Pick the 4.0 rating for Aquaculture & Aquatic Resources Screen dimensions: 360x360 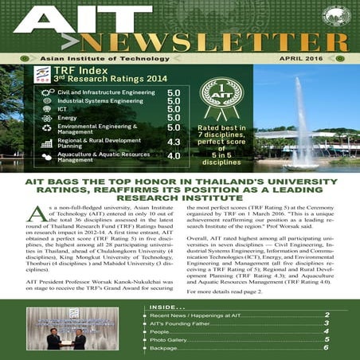point(173,157)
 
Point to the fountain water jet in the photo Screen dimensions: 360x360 point(306,119)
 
